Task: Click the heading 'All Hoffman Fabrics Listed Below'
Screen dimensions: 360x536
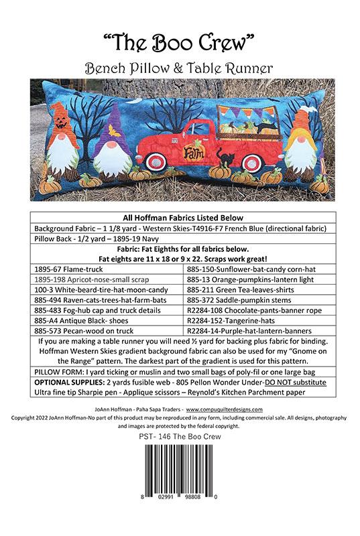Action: click(180, 218)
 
